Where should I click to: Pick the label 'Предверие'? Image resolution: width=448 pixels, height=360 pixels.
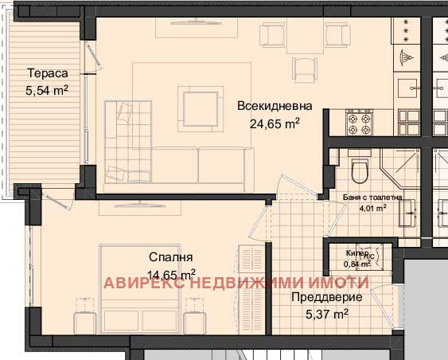328,297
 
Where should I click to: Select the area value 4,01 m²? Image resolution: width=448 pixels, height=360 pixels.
372,209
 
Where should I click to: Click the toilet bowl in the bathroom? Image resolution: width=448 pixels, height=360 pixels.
360,169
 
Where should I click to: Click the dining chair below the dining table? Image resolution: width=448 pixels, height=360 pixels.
306,65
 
